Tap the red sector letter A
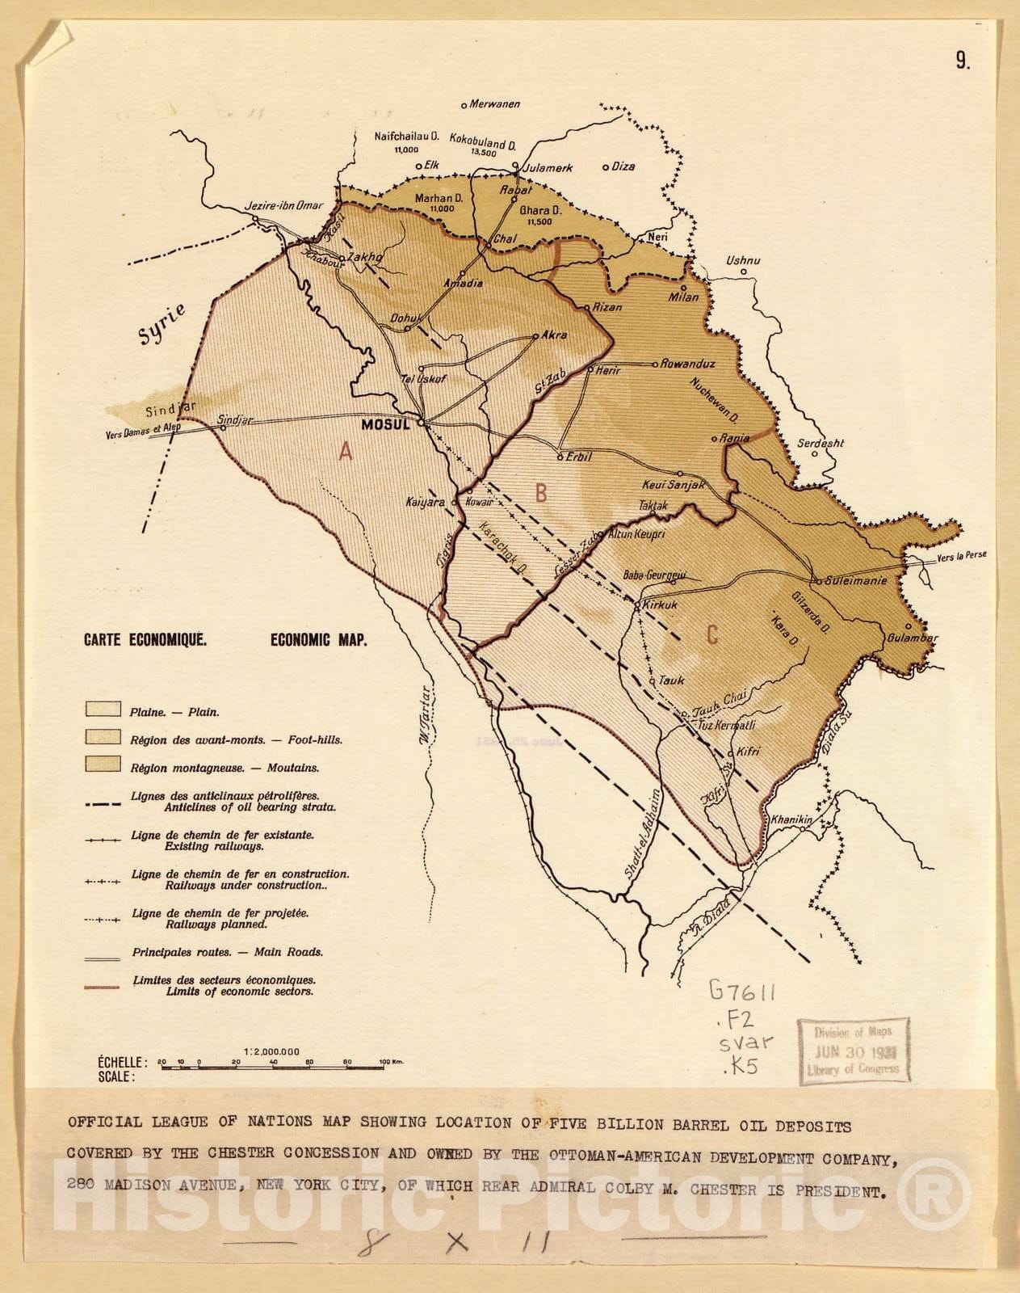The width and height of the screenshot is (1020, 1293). click(346, 452)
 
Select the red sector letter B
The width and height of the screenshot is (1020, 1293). click(542, 492)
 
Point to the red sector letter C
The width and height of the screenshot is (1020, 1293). click(711, 634)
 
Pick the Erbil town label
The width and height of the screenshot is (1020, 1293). click(579, 457)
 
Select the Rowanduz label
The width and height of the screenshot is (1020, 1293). click(688, 364)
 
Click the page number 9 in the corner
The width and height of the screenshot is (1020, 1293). click(963, 61)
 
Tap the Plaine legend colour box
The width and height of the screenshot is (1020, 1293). click(103, 710)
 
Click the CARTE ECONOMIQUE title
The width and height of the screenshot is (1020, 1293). click(145, 640)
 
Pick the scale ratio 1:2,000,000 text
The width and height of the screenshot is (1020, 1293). click(271, 1051)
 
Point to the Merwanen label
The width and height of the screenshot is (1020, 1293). click(495, 104)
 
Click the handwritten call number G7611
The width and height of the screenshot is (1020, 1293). click(741, 991)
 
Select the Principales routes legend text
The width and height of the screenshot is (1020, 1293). click(227, 952)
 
